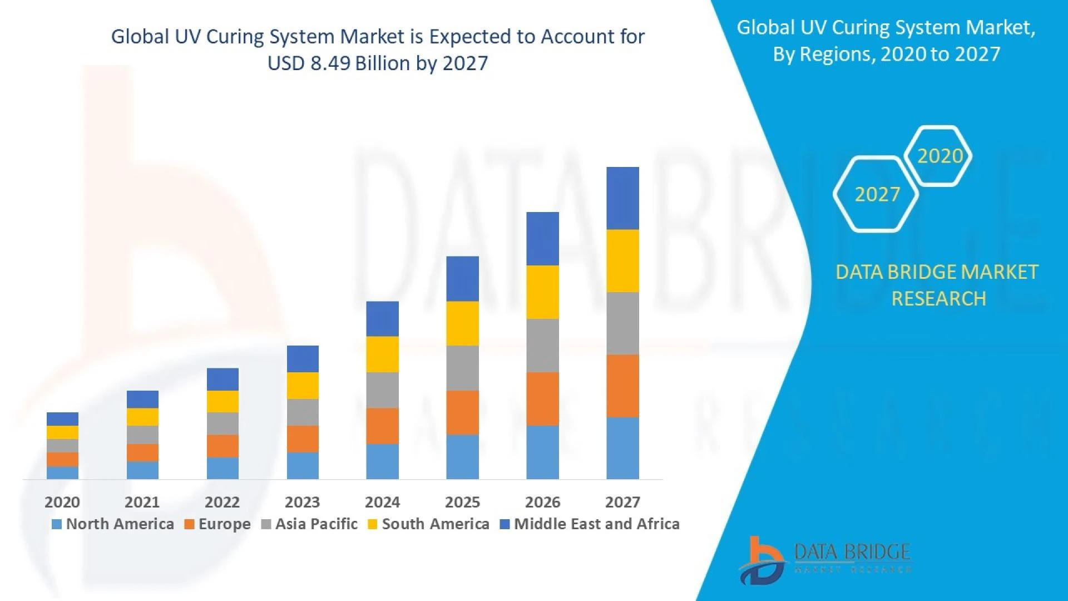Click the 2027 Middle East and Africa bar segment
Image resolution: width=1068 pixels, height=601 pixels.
[x=622, y=198]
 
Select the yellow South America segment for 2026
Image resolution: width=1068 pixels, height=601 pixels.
[x=542, y=292]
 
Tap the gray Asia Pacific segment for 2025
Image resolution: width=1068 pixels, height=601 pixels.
[x=462, y=368]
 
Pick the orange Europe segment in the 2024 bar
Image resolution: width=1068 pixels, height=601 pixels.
[x=382, y=426]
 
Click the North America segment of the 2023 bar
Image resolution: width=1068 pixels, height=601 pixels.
[x=303, y=465]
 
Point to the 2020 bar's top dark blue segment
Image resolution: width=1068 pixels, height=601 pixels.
[x=62, y=419]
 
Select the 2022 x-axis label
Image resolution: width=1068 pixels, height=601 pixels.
[x=222, y=502]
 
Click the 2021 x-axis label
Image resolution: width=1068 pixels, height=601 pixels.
[x=142, y=502]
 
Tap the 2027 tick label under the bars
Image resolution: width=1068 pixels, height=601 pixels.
[x=622, y=502]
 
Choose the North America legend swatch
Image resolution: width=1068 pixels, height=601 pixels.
[x=56, y=524]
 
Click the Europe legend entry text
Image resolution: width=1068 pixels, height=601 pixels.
[x=224, y=524]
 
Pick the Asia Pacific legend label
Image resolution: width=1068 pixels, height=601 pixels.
[x=316, y=524]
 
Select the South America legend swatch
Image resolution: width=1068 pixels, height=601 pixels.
[x=372, y=524]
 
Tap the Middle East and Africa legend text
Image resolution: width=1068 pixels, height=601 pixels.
[x=596, y=524]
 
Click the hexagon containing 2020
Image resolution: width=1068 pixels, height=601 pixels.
[x=938, y=156]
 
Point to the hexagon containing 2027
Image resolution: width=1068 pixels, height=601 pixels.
[x=876, y=194]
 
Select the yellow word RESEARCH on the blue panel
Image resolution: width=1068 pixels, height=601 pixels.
[x=938, y=299]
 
